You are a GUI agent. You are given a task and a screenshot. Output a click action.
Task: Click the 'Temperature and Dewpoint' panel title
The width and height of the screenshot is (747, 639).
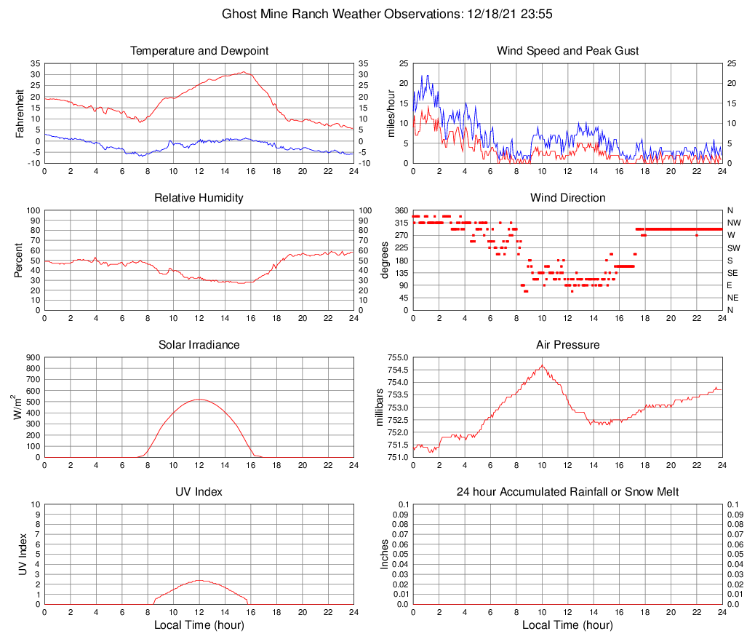[x=199, y=51]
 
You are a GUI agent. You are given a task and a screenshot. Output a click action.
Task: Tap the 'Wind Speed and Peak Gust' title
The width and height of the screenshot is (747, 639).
[x=567, y=51]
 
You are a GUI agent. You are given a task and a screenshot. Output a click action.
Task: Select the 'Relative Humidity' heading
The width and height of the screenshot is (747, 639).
[x=199, y=198]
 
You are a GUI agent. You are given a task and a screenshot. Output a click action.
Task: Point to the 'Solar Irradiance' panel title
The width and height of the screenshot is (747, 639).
[x=199, y=345]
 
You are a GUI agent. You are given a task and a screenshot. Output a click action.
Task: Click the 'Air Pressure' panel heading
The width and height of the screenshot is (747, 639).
[x=567, y=345]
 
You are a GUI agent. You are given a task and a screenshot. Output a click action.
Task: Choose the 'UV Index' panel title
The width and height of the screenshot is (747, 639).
[x=199, y=492]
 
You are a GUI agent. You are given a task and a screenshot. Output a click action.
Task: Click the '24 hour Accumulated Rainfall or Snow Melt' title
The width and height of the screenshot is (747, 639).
[x=567, y=492]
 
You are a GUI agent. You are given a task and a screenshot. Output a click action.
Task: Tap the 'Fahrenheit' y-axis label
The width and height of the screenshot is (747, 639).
[x=20, y=114]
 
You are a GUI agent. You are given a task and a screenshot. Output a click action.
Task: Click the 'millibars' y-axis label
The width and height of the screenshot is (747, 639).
[x=379, y=408]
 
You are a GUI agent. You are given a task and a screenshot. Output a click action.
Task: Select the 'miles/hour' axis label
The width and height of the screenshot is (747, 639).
[x=391, y=114]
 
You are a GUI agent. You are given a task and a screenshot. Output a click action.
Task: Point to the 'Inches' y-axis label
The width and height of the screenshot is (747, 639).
[x=385, y=555]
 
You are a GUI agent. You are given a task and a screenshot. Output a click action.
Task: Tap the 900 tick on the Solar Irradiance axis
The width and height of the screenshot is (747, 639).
[x=33, y=358]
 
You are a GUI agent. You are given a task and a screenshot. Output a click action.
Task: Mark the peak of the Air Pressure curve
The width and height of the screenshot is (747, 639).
[x=542, y=365]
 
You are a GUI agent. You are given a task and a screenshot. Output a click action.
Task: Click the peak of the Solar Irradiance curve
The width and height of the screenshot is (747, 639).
[x=199, y=399]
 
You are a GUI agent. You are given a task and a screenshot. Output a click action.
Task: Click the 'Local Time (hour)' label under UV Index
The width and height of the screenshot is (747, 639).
[x=199, y=625]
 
